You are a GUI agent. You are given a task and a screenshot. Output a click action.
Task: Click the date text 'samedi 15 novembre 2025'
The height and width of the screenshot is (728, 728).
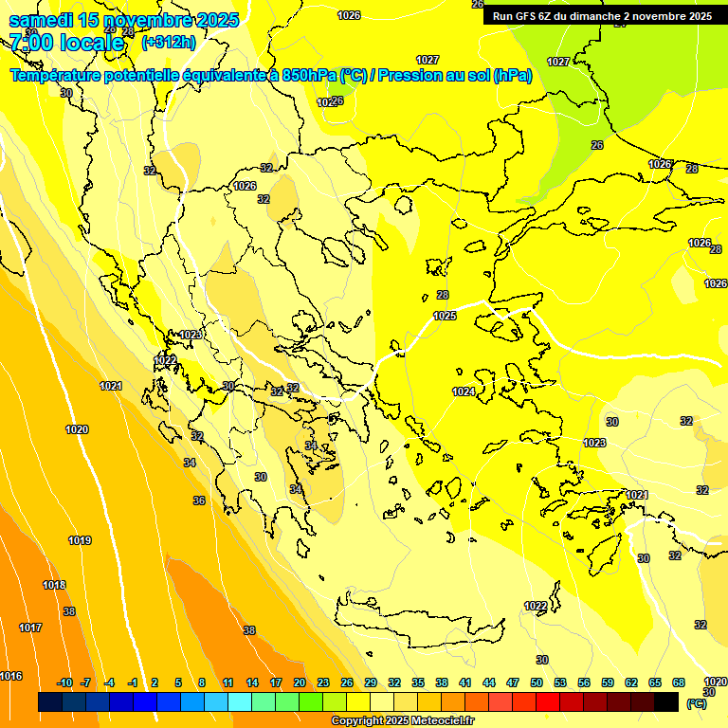(x=123, y=20)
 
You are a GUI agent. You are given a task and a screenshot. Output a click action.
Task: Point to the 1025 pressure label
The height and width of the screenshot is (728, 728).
(x=445, y=316)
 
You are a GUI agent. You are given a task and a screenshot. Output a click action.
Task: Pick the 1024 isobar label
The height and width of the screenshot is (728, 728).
(x=464, y=391)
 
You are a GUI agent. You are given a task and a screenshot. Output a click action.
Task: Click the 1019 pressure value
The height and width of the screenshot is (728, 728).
(x=80, y=540)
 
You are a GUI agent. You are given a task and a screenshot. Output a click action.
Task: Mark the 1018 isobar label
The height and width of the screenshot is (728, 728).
(x=54, y=585)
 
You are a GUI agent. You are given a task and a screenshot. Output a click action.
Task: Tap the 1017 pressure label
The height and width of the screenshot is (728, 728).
(x=30, y=628)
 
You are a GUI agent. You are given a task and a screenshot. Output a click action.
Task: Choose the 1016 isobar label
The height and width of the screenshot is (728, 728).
(x=10, y=676)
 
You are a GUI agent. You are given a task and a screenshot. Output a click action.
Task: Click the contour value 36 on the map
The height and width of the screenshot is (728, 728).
(x=199, y=500)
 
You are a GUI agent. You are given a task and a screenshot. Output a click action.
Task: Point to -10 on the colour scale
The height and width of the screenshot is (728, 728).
(x=64, y=682)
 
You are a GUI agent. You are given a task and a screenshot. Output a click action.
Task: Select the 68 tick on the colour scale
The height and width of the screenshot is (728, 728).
(x=679, y=682)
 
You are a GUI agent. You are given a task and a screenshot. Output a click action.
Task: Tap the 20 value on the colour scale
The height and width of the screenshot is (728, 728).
(x=300, y=682)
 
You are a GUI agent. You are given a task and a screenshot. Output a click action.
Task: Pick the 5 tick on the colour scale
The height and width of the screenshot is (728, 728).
(x=179, y=682)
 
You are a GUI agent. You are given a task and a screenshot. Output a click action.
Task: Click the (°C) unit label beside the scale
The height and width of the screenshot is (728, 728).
(x=696, y=703)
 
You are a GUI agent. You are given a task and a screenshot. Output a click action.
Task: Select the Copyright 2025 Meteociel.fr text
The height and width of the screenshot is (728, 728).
(x=402, y=720)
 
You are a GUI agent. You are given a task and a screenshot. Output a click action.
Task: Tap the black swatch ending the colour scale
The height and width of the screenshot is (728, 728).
(x=666, y=702)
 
